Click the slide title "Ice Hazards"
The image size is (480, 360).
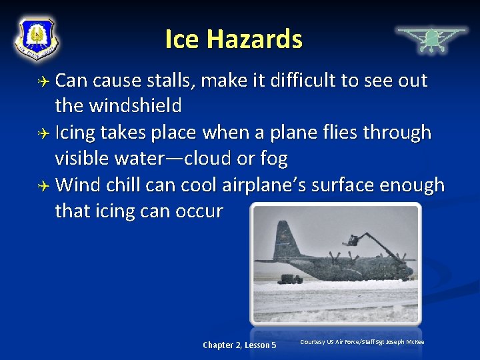[233, 39]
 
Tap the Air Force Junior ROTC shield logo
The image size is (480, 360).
[37, 38]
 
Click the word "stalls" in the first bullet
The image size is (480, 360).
[172, 81]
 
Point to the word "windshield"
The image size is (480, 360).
[137, 106]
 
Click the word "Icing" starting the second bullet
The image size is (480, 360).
[75, 133]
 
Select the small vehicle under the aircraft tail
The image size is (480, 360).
[291, 278]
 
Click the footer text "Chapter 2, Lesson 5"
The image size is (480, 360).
[239, 345]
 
